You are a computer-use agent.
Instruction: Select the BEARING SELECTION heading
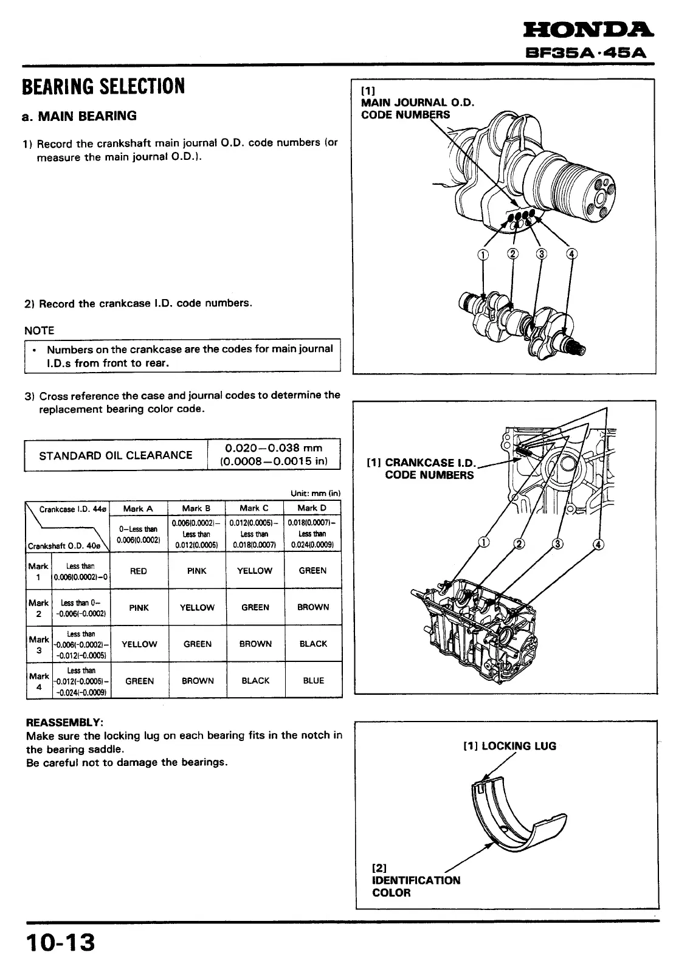(103, 87)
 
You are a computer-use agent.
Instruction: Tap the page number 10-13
(60, 942)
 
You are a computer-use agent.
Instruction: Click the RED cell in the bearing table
(139, 571)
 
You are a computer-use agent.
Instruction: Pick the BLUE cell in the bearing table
(313, 681)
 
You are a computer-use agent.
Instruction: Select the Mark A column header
(138, 508)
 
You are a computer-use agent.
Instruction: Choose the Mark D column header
(312, 508)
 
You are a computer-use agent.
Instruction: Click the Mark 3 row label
(38, 644)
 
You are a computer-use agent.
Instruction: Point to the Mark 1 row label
(38, 571)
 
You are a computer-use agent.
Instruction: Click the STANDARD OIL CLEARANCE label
(116, 455)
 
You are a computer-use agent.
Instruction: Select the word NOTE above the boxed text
(40, 331)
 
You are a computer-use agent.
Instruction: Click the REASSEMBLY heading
(65, 722)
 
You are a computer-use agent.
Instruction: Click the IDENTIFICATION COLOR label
(416, 886)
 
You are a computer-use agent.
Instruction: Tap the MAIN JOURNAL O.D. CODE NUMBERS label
(417, 108)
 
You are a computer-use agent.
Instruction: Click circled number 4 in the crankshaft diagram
(572, 254)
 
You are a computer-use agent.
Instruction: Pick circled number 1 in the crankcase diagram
(484, 543)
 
